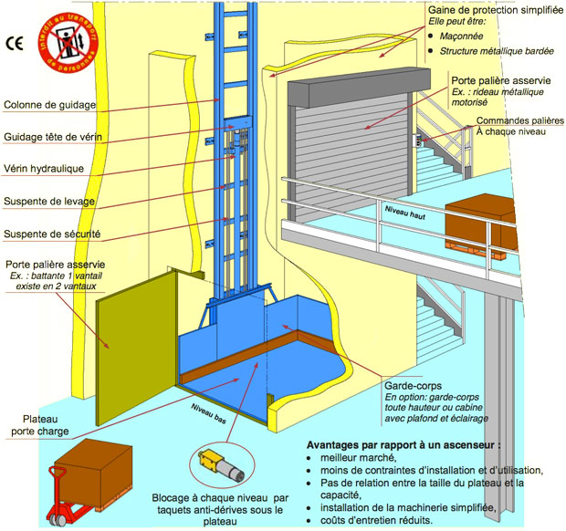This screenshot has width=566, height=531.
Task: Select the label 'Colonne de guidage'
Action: point(49,105)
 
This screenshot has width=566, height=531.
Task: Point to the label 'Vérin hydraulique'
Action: point(44,168)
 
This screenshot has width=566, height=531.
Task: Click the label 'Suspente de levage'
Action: point(49,200)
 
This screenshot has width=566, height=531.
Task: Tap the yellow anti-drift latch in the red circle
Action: point(218,464)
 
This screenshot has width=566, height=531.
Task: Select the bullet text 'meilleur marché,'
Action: point(356,458)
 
